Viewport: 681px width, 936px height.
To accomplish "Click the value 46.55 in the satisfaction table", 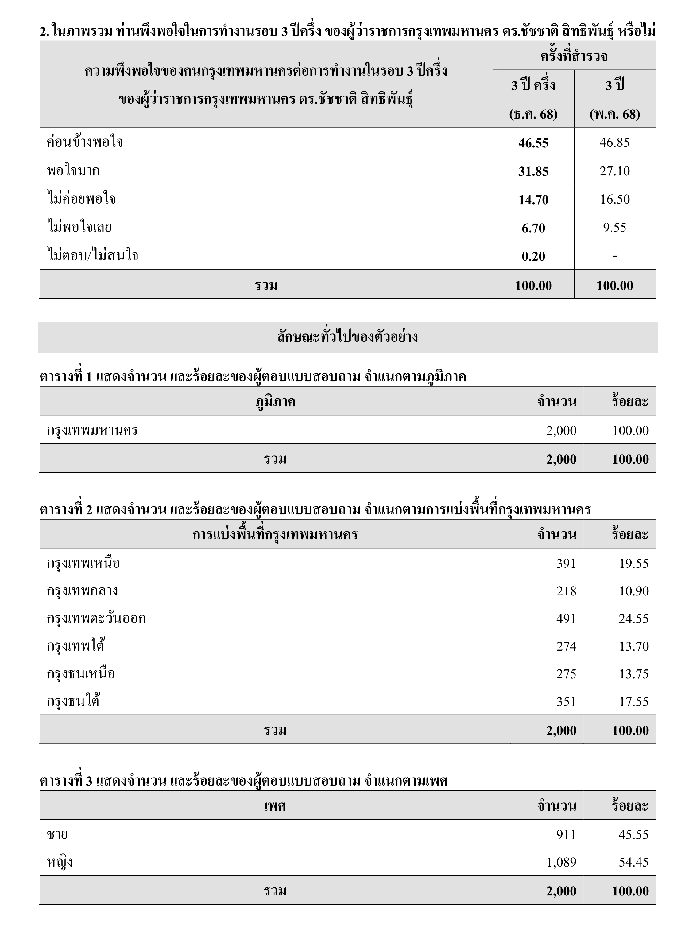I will point(533,143).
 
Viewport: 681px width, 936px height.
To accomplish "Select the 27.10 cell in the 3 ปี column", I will point(614,171).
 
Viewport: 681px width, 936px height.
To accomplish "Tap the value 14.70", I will point(533,200).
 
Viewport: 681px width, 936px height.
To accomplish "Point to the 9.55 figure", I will point(614,227).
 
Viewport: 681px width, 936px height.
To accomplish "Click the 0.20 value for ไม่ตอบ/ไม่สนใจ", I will point(533,256).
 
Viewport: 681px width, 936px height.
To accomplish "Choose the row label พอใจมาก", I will point(73,171).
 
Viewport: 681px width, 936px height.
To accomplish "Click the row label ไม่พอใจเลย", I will point(79,227).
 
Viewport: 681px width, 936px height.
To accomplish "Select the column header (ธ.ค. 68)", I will point(533,114).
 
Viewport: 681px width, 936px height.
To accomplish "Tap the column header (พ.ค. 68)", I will point(614,114).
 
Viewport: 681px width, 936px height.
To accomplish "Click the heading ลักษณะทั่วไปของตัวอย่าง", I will point(347,337).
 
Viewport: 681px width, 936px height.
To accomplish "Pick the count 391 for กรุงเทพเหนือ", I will point(566,563).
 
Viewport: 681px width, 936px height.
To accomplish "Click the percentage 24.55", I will point(633,619).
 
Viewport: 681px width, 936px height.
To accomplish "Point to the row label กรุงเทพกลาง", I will point(83,591).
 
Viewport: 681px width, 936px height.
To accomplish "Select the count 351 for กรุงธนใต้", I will point(566,702).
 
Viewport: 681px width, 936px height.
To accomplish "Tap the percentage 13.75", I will point(633,674).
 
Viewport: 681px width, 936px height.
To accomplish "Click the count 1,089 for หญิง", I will point(561,862).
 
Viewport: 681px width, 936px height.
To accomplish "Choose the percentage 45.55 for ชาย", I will point(633,834).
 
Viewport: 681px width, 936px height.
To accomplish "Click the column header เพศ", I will point(275,806).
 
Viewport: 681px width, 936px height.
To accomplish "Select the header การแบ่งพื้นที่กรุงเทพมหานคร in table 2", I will point(275,534).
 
